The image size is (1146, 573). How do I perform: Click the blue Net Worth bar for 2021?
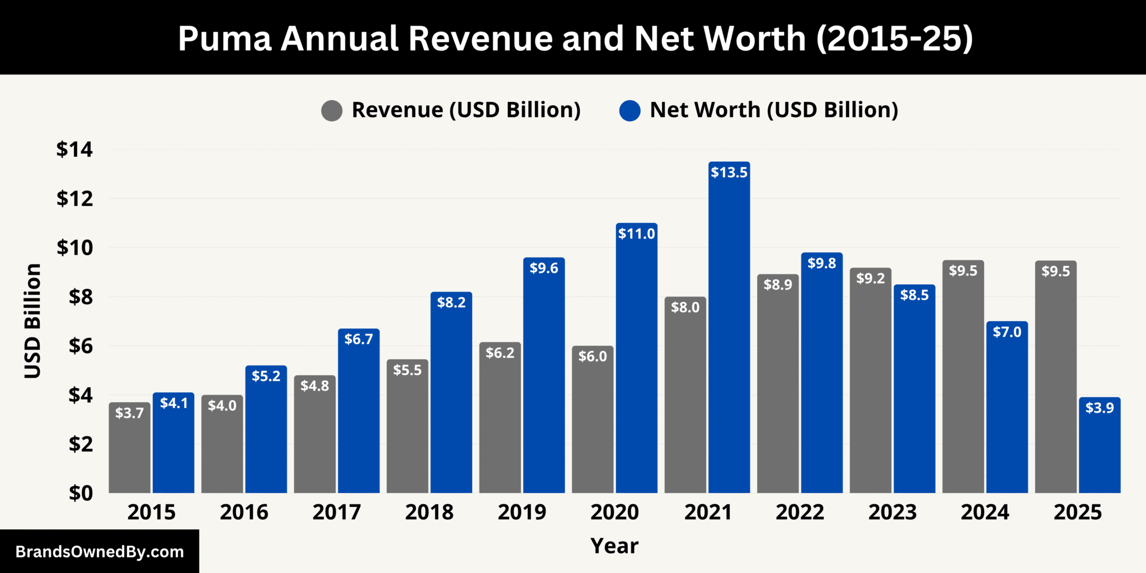(x=729, y=336)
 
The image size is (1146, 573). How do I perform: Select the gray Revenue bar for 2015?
(x=129, y=453)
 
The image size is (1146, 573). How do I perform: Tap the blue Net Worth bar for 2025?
(x=1100, y=453)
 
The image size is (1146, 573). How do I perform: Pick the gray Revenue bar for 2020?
(x=593, y=425)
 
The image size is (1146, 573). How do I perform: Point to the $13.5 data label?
(x=729, y=172)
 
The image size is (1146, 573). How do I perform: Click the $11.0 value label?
(x=636, y=234)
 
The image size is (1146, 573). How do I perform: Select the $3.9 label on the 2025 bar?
(x=1100, y=408)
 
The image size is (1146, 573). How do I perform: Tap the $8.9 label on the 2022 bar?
(x=778, y=285)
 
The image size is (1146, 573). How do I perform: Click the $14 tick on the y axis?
(x=74, y=149)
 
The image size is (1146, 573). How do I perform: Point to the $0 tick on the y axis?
(x=81, y=493)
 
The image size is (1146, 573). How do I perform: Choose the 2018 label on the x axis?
(x=429, y=513)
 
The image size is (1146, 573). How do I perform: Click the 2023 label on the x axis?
(x=893, y=513)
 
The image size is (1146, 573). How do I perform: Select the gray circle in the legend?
(x=332, y=111)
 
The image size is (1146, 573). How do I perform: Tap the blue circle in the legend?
(x=630, y=111)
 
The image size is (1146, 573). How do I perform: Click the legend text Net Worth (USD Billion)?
(x=774, y=110)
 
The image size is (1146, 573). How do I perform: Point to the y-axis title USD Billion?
(x=33, y=321)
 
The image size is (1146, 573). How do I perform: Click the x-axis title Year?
(x=614, y=546)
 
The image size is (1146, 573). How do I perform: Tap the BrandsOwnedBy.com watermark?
(x=100, y=552)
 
